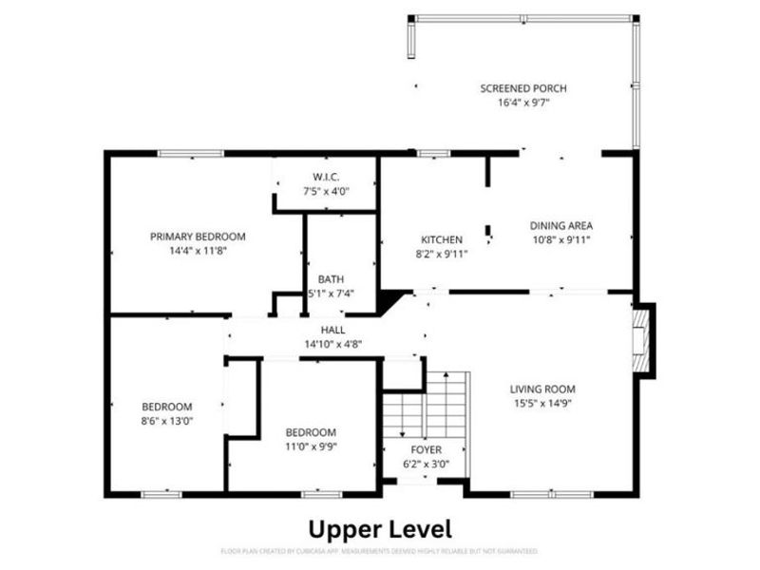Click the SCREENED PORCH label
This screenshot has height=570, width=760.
(523, 88)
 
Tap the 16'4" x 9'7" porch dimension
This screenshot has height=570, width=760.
(523, 103)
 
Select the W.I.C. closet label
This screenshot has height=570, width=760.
(326, 177)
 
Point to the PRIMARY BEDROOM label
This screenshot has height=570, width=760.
(198, 237)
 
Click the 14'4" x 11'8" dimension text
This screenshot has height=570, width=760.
(198, 251)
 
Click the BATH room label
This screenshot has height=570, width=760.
(331, 279)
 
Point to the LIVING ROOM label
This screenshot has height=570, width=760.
(542, 389)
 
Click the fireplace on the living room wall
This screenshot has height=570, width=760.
(641, 340)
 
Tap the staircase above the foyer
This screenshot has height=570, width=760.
(427, 403)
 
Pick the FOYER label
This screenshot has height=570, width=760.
(426, 449)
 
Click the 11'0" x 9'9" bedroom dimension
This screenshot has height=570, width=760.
(310, 446)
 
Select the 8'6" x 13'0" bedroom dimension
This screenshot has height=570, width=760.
(167, 420)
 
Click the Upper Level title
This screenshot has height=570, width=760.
(380, 528)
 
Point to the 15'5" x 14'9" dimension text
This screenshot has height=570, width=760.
(542, 403)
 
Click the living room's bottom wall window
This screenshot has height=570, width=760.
(551, 494)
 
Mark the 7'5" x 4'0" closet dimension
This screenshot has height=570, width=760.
(326, 191)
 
